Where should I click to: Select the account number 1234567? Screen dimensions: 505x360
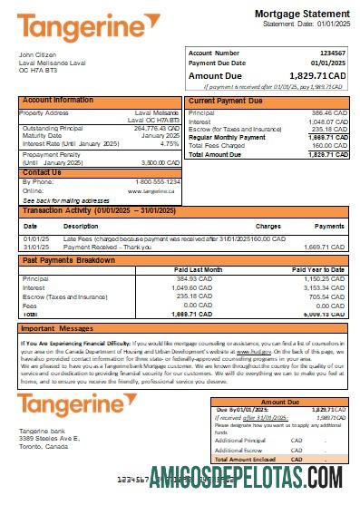click(334, 53)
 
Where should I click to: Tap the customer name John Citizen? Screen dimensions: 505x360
click(37, 54)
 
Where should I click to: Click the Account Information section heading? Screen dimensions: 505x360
click(58, 100)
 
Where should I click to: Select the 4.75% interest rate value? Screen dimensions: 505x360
click(169, 144)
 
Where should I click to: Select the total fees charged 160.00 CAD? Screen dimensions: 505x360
click(329, 145)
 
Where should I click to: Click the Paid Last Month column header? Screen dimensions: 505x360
click(199, 269)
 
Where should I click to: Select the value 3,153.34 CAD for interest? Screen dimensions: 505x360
click(325, 286)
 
